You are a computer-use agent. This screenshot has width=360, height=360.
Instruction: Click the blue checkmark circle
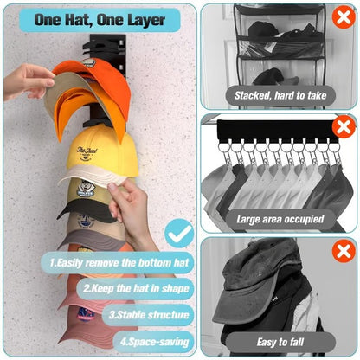click(179, 232)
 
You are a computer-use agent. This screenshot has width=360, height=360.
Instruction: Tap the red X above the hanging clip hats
click(343, 127)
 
